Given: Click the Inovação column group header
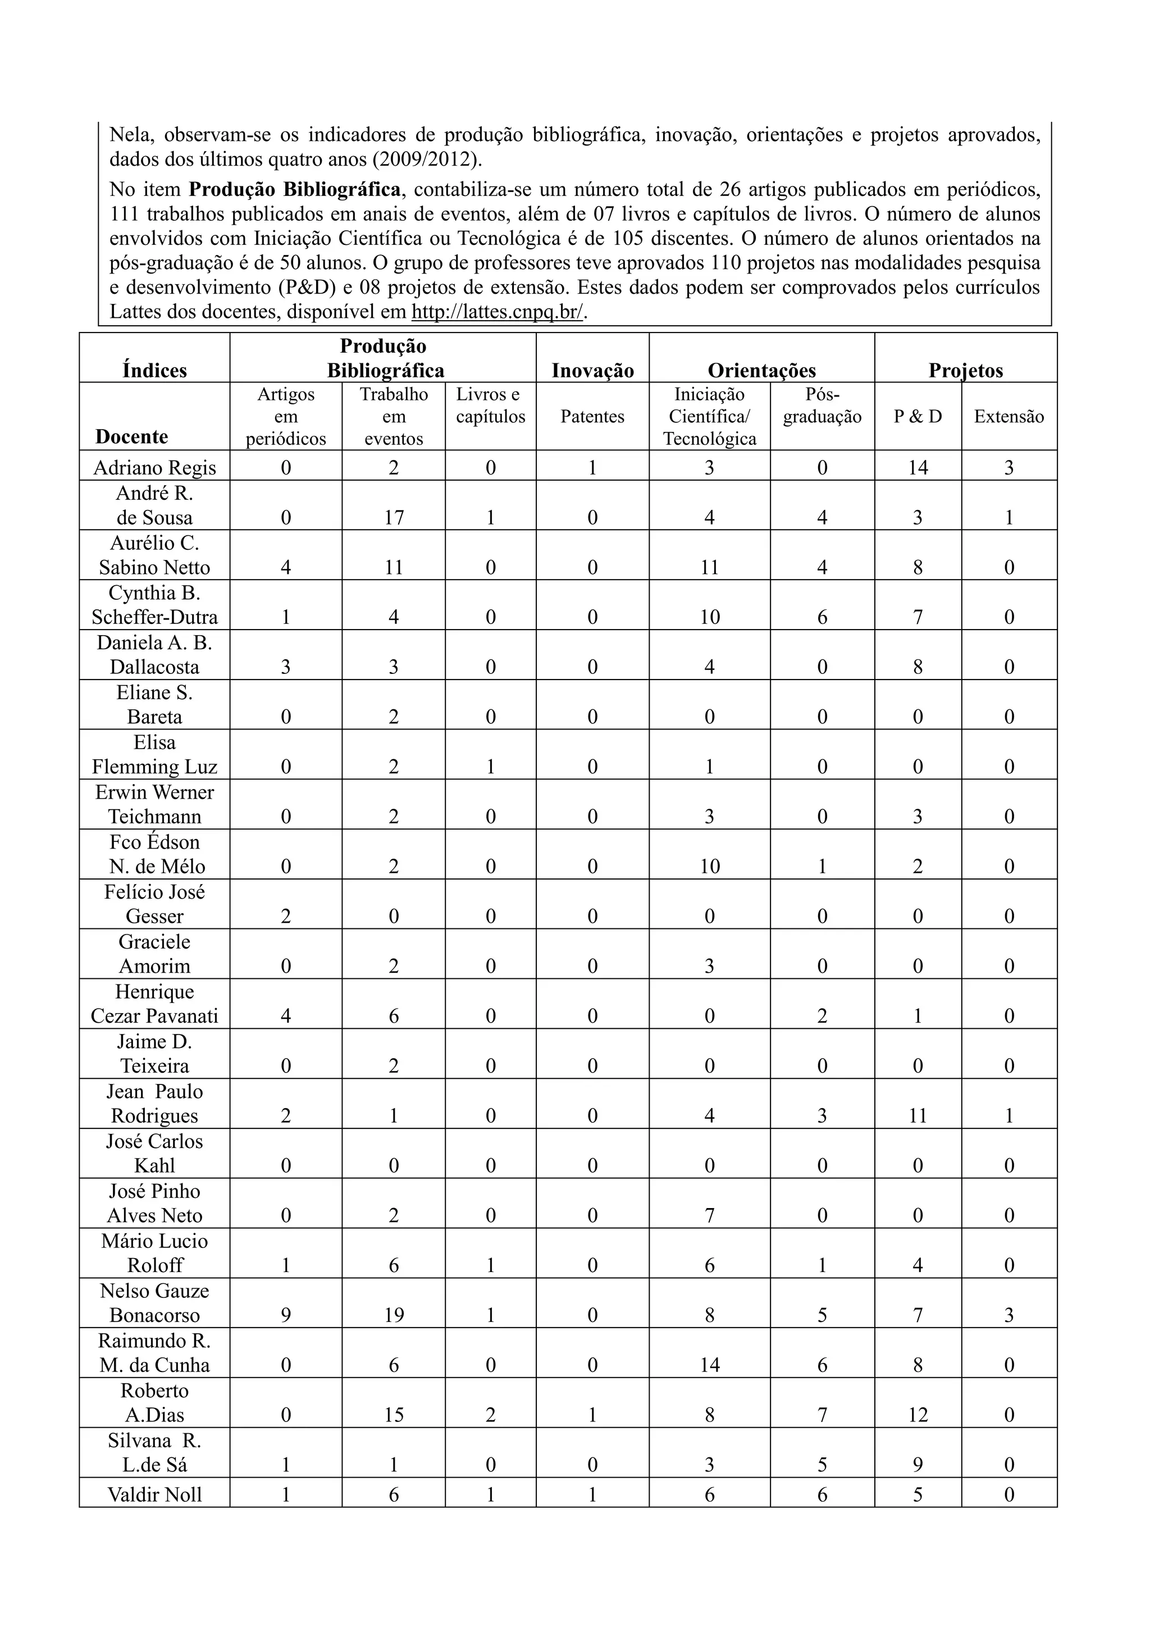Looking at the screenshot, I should click(592, 371).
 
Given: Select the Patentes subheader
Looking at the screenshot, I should click(592, 417).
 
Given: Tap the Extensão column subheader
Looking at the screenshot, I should click(1009, 417).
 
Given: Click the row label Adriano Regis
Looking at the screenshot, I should click(154, 468).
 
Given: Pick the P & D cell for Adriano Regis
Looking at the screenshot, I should click(918, 468).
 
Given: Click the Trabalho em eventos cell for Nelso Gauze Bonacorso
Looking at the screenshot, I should click(394, 1315).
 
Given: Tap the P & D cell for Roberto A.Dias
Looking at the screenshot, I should click(918, 1415).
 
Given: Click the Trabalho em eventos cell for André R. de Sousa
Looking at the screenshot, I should click(394, 518).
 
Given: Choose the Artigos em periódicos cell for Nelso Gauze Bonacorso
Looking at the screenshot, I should click(286, 1315).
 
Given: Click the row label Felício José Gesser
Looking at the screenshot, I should click(154, 904).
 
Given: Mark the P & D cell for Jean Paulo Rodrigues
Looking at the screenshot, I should click(918, 1115).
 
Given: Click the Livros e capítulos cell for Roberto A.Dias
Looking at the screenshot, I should click(490, 1415).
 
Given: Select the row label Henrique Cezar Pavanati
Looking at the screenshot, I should click(154, 1004).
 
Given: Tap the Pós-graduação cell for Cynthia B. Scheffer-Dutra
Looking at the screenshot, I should click(822, 617).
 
